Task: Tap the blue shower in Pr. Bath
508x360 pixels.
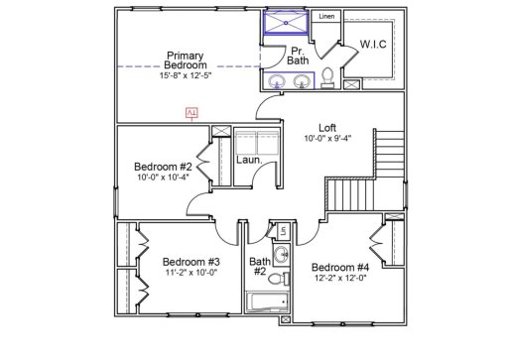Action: click(285, 24)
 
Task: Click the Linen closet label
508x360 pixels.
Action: click(326, 17)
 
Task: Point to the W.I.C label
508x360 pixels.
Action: click(374, 45)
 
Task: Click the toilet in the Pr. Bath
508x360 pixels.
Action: click(326, 78)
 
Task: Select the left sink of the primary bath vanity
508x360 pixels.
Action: click(275, 81)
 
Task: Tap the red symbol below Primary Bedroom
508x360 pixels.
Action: click(191, 114)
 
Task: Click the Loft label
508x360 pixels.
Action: click(327, 127)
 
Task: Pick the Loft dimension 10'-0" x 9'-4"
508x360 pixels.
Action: click(327, 139)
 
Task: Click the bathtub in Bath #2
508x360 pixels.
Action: click(266, 302)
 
